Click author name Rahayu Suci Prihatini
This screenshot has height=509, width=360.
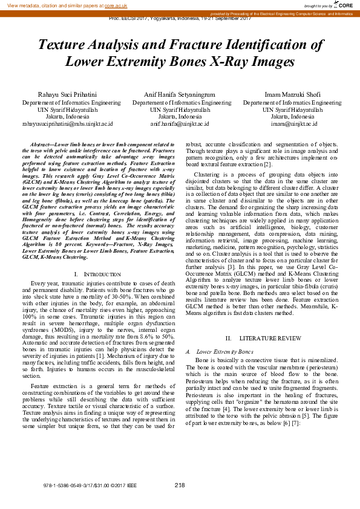tap(67, 95)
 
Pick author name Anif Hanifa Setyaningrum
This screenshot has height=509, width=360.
tap(180, 95)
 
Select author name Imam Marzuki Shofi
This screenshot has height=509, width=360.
tap(292, 95)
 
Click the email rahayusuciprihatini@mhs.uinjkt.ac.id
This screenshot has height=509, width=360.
tap(67, 123)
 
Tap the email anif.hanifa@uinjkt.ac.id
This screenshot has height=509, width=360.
tap(180, 123)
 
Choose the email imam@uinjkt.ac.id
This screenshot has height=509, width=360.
tap(292, 123)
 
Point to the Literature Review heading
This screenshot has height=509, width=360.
tap(263, 338)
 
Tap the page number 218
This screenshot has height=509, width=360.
tap(180, 485)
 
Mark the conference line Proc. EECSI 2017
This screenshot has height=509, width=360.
tap(180, 19)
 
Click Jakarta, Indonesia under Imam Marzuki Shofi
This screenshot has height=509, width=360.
tap(292, 116)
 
